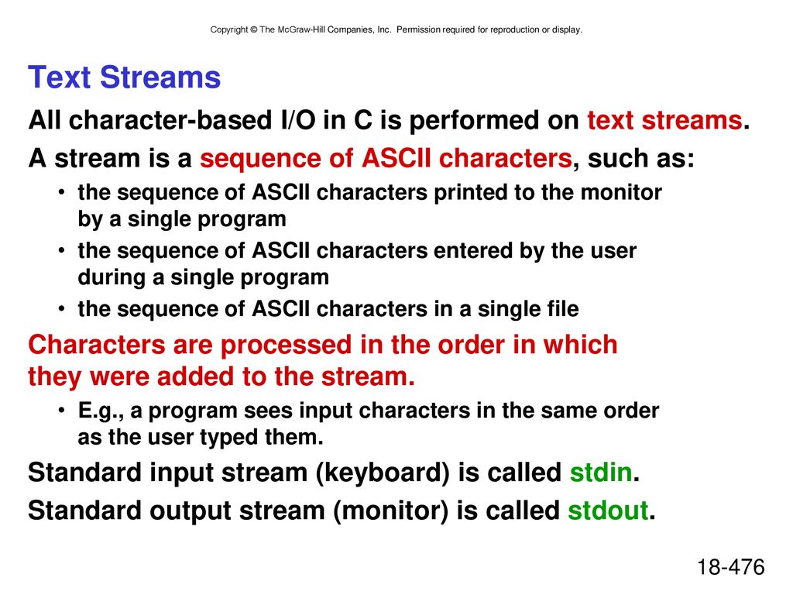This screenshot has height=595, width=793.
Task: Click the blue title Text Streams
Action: pos(125,77)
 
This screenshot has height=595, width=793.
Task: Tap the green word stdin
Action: pos(601,473)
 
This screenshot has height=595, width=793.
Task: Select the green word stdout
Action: pos(608,511)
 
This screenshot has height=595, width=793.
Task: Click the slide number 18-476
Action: pos(731,566)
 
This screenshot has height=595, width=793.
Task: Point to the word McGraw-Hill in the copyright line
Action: pos(301,30)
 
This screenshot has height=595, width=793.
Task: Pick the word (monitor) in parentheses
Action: pos(390,511)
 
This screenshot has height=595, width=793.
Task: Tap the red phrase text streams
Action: pos(664,120)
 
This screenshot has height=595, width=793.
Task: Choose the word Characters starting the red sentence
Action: pos(97,345)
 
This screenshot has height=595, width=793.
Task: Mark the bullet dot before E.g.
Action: pos(61,409)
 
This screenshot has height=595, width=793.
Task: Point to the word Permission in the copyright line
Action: pos(418,30)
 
